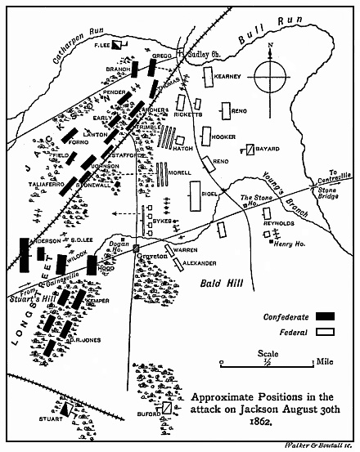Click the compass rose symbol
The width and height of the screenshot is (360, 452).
point(272,81)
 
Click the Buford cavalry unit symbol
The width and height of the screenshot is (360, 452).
point(166,407)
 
